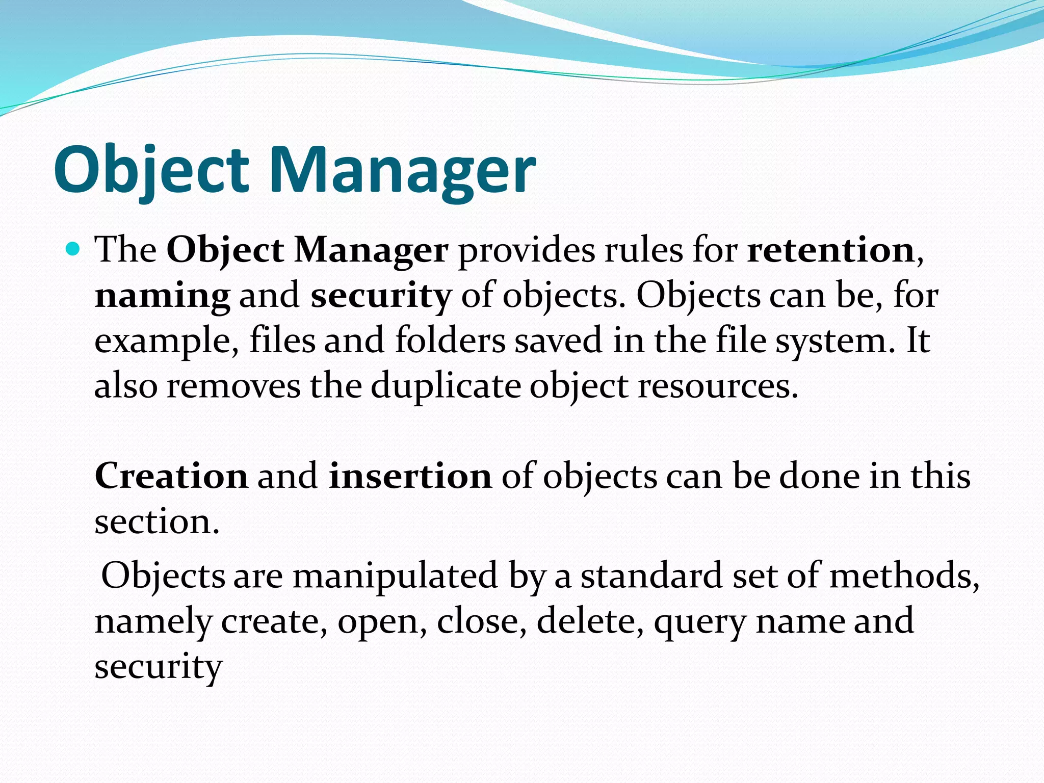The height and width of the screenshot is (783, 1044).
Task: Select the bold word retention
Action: (831, 250)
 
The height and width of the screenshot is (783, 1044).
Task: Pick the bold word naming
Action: (162, 296)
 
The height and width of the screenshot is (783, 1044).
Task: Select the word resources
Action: (717, 386)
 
